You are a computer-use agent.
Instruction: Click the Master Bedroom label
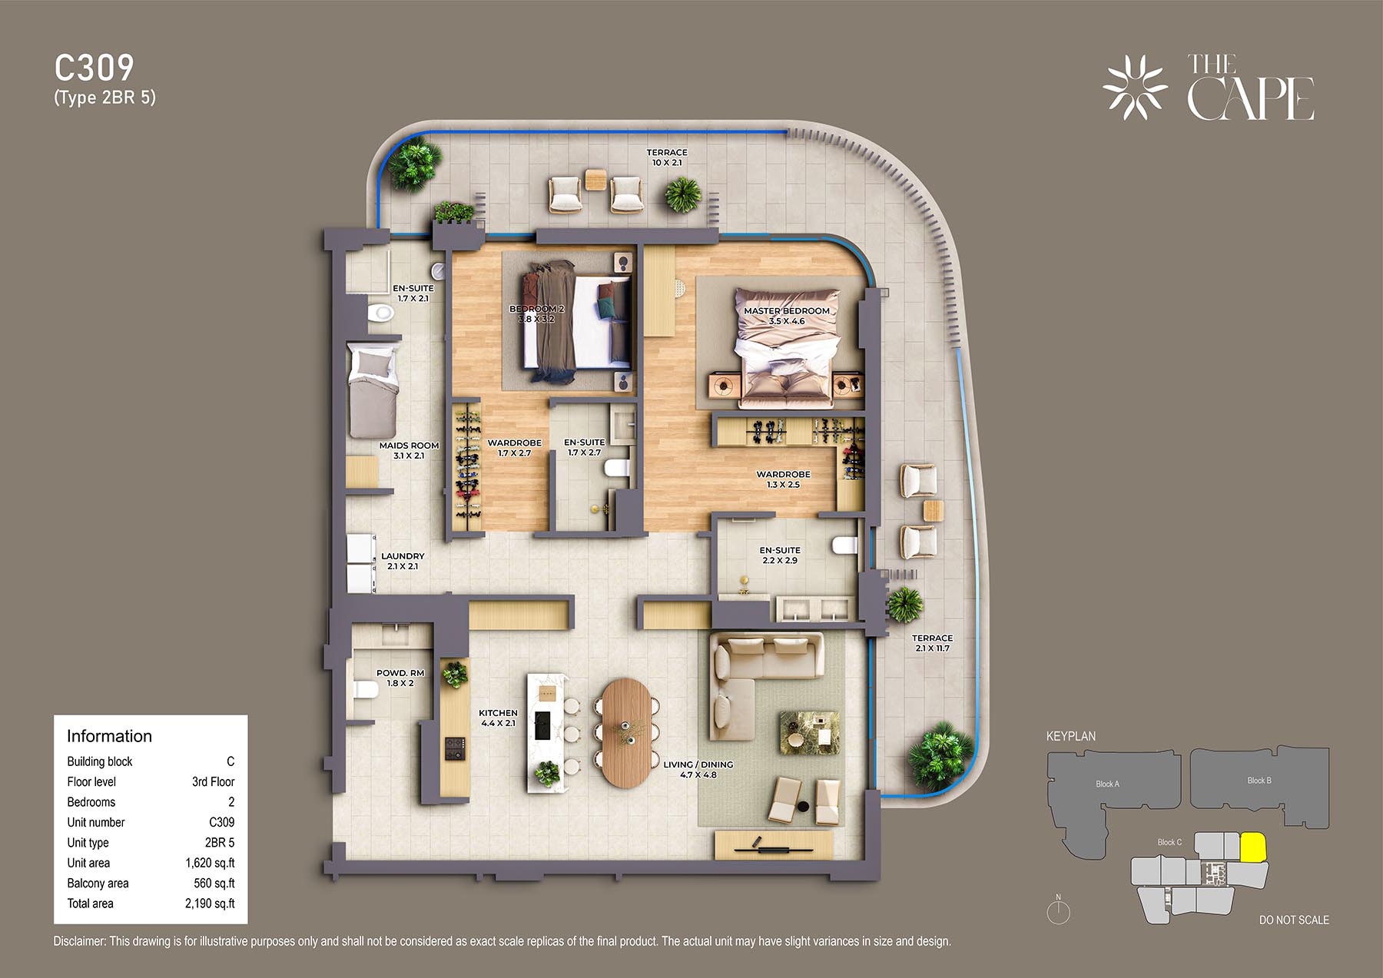(787, 316)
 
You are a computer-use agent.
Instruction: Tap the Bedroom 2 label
(536, 313)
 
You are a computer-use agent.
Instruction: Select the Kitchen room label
(498, 718)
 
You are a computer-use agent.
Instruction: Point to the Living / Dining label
(698, 769)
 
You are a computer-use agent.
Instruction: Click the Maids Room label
(409, 450)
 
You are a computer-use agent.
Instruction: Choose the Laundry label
(403, 561)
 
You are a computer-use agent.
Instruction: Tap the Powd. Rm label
(400, 678)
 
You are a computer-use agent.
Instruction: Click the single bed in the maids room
(373, 391)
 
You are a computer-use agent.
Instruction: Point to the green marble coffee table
(809, 733)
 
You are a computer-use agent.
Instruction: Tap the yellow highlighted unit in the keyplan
(1253, 847)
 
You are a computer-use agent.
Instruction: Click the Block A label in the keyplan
(1107, 784)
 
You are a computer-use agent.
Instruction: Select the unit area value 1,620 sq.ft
(210, 863)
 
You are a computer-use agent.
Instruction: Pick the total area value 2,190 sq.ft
(210, 903)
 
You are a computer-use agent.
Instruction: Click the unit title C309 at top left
(94, 68)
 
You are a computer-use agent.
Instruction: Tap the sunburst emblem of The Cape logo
(1135, 88)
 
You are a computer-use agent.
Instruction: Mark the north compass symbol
(1058, 910)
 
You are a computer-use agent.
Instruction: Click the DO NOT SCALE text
(1294, 920)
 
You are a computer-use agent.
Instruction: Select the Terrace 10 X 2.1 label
(667, 157)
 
